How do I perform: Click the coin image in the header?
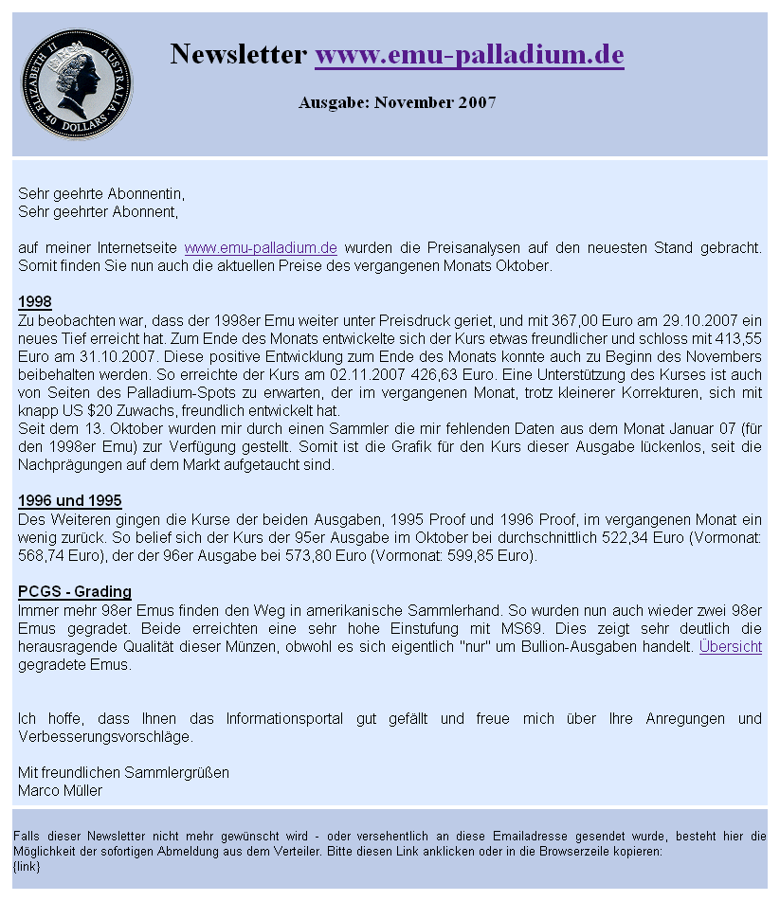click(x=77, y=84)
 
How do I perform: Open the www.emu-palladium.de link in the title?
click(x=469, y=55)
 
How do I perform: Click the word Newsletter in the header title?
click(x=238, y=55)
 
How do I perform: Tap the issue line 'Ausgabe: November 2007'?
click(x=397, y=102)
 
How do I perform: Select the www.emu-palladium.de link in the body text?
click(x=261, y=248)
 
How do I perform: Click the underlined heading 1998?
click(x=35, y=302)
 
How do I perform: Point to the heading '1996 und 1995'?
click(x=70, y=501)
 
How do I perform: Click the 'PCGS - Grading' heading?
click(x=75, y=592)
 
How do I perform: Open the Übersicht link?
click(x=730, y=647)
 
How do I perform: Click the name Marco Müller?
click(x=61, y=791)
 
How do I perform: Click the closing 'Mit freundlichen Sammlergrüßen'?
click(x=124, y=773)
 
